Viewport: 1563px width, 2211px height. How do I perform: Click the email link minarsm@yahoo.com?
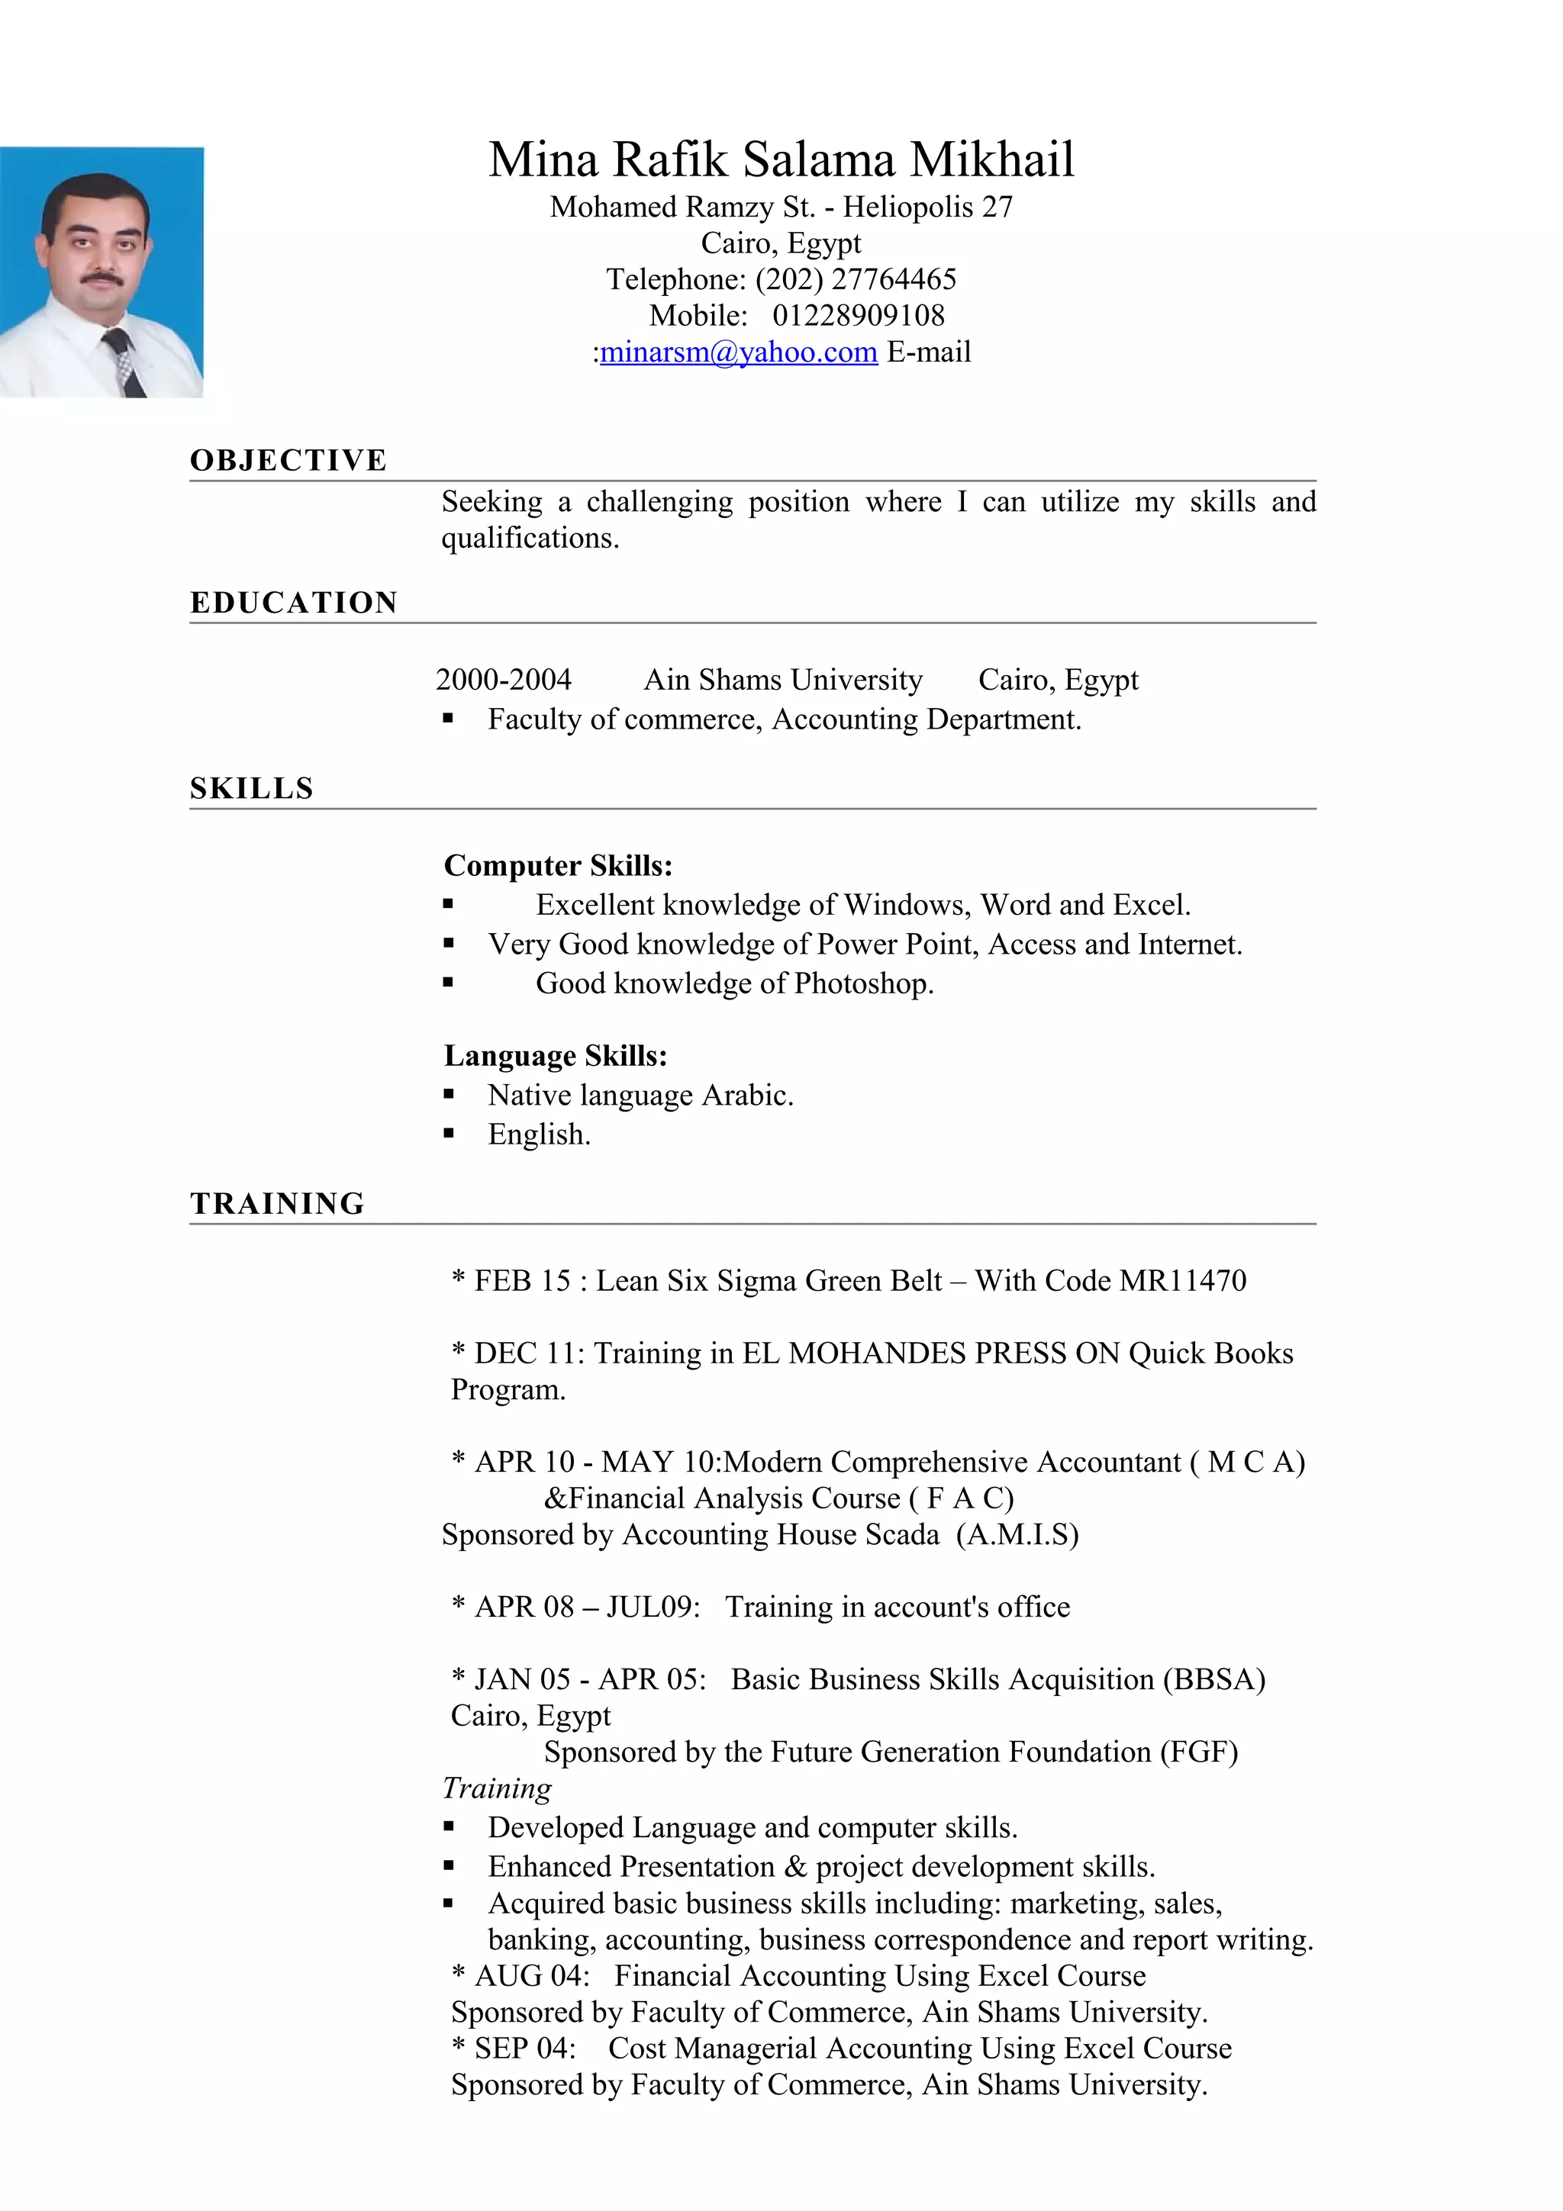pos(738,352)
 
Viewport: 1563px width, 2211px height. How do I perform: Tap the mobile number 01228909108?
pos(858,316)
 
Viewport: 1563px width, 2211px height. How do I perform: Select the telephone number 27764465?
pos(893,279)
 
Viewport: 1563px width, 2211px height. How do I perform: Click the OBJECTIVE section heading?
pos(288,460)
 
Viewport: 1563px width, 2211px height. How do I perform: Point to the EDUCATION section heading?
pos(294,603)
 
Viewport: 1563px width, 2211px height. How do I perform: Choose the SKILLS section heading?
pos(251,789)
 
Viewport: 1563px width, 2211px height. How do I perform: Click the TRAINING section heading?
pos(277,1204)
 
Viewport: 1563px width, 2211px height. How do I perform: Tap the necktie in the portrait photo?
pos(124,361)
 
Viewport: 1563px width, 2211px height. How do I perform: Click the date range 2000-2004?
pos(503,680)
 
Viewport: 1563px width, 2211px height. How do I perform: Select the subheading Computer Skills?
pos(558,866)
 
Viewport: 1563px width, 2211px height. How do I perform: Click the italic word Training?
pos(496,1788)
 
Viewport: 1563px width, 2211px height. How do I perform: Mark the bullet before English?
pos(448,1134)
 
